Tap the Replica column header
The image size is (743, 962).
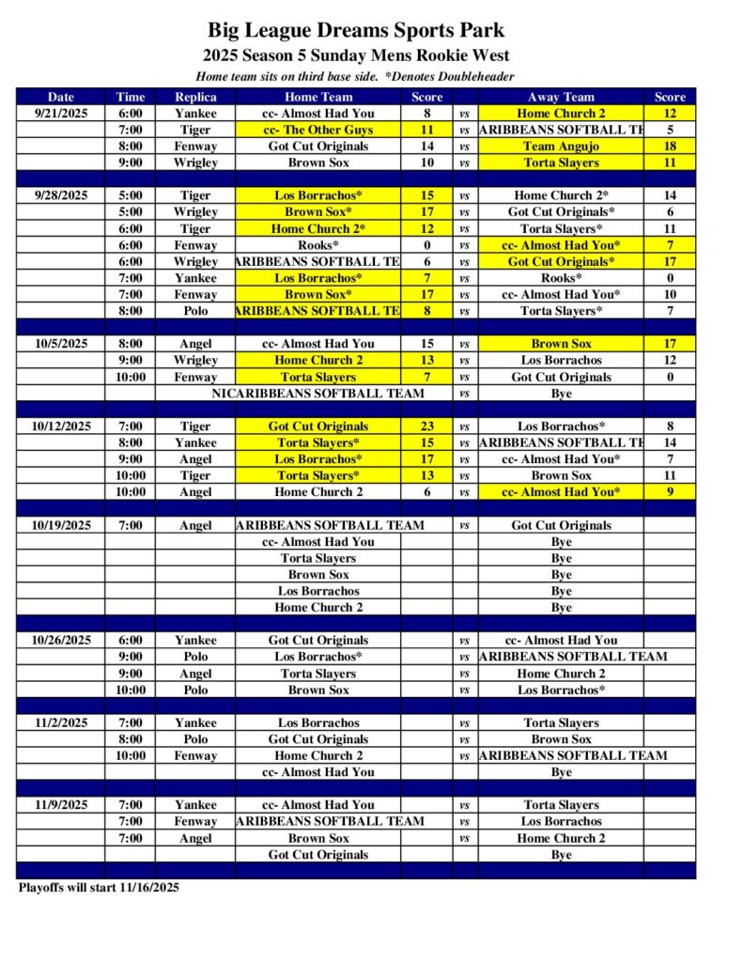click(195, 97)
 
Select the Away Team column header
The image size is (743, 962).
click(561, 97)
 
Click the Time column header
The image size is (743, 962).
click(131, 97)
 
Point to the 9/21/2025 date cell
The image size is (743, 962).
click(61, 114)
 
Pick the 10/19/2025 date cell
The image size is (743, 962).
click(61, 526)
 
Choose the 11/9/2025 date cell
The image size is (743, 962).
click(61, 805)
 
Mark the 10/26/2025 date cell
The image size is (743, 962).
click(61, 641)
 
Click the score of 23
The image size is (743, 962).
click(426, 427)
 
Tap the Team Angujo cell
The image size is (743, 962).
click(561, 147)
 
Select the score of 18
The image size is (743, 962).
click(670, 147)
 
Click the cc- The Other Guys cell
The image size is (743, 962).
click(318, 130)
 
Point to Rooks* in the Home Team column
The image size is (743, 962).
click(318, 245)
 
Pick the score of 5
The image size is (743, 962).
click(670, 130)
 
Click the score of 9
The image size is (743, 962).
click(670, 492)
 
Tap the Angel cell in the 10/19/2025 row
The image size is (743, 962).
click(195, 526)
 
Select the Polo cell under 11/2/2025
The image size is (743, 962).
click(195, 739)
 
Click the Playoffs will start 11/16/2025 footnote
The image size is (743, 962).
click(99, 887)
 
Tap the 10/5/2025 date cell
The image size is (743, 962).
click(61, 344)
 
